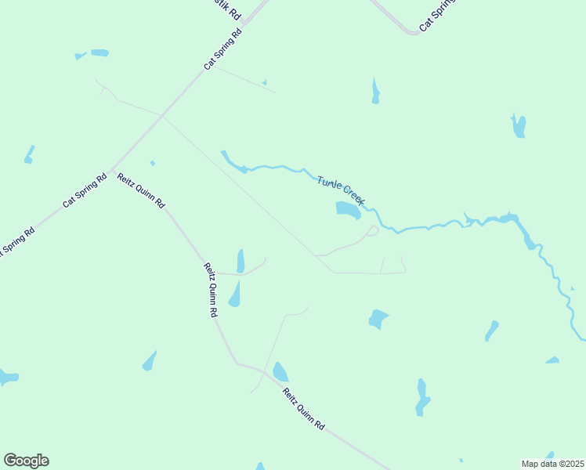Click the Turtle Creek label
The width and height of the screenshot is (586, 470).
[341, 190]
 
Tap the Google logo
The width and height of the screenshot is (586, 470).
[26, 461]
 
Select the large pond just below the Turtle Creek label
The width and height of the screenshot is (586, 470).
[348, 209]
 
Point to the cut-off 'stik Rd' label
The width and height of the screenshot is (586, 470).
[230, 10]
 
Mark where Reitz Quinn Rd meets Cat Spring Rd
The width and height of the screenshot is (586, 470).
[112, 169]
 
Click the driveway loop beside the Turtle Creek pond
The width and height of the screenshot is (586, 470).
[372, 230]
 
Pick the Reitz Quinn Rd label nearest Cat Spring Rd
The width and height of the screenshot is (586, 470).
[141, 190]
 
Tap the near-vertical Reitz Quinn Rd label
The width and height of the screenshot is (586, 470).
[210, 289]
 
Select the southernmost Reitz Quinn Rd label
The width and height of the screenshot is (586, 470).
[303, 409]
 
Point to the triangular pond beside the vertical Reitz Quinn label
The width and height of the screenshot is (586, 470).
[234, 295]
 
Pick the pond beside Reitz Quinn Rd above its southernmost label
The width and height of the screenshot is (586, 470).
[280, 372]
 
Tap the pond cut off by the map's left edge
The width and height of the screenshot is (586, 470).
[7, 378]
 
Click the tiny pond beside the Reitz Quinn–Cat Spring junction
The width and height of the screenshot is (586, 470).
[152, 163]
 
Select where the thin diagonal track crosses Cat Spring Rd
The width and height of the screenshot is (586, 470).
[162, 117]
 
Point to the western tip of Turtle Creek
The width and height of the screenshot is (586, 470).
[222, 152]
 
